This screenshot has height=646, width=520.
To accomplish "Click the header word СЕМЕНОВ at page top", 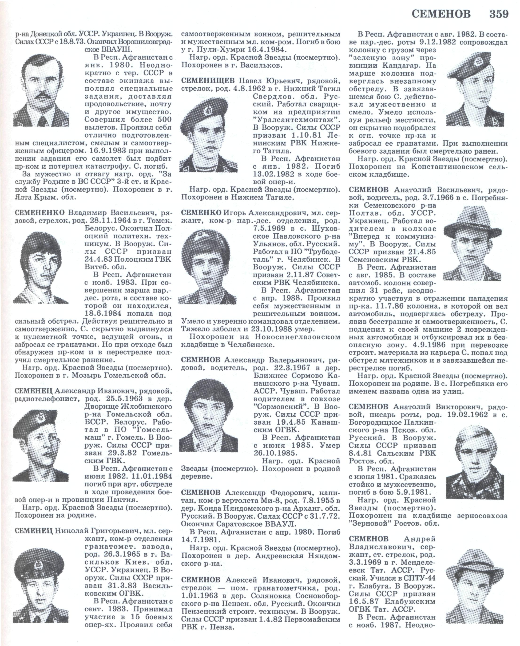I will click(x=441, y=14).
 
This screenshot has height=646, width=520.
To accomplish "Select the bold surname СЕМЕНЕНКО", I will click(x=39, y=213).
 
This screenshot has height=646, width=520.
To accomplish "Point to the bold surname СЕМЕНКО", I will click(x=202, y=213).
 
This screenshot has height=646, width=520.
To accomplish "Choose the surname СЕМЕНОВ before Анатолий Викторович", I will click(x=369, y=407).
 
